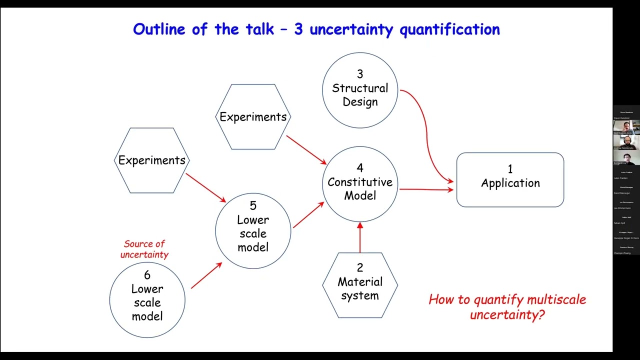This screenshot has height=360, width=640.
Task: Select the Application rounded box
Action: pos(510,179)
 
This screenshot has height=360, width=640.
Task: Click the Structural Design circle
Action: pos(359,90)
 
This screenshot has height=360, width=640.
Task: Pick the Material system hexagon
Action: pos(359,285)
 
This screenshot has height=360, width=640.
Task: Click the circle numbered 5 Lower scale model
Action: pos(253,230)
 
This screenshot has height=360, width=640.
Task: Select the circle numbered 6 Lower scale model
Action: pos(147,299)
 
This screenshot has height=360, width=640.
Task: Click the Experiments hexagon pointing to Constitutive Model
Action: pos(253,117)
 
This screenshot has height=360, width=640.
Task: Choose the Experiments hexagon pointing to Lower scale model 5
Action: pos(151,160)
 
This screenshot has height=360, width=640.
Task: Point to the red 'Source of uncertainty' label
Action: pos(145,249)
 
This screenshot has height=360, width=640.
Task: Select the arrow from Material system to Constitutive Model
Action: pos(359,237)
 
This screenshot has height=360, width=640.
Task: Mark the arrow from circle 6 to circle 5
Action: pos(206,275)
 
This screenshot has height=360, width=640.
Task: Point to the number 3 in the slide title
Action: pos(298,29)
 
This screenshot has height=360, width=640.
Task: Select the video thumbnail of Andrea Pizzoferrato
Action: pos(626,142)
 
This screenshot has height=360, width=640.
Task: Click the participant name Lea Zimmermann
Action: pos(622,208)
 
